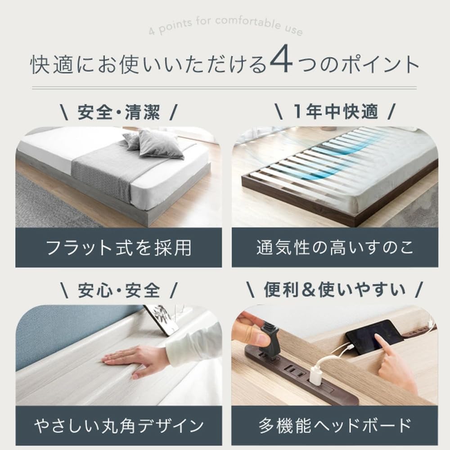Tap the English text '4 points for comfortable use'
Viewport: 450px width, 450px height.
point(225,26)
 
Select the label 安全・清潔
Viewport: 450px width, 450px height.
point(118,112)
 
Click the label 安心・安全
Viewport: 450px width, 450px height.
point(118,291)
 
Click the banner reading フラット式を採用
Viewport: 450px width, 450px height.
point(118,247)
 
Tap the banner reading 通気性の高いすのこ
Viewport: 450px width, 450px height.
point(335,247)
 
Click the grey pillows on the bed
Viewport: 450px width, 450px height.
point(155,143)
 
